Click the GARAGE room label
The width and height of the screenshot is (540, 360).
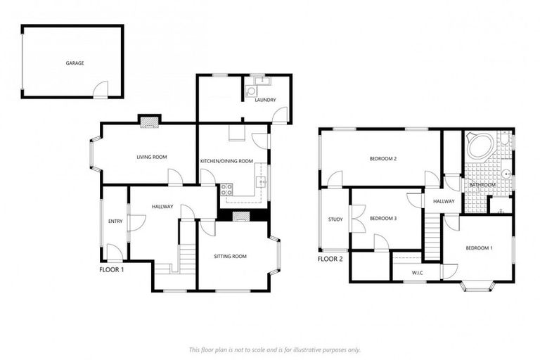coord(75,63)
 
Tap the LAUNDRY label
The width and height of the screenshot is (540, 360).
coord(265,100)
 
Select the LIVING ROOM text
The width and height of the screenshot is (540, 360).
coord(151,156)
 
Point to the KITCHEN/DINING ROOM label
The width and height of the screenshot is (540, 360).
coord(226,161)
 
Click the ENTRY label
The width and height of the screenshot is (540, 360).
coord(115,221)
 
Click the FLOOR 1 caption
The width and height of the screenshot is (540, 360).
coord(112,269)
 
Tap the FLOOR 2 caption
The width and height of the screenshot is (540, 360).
coord(330,259)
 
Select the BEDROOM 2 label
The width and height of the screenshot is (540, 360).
coord(383,159)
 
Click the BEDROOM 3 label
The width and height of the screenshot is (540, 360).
coord(383,219)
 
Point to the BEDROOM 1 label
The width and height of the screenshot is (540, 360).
coord(478,248)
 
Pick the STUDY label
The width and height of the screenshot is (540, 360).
coord(335,219)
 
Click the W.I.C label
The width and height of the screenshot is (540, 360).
coord(416,272)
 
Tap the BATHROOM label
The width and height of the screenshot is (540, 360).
coord(483,185)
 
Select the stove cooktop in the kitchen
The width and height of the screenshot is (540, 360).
coord(226,188)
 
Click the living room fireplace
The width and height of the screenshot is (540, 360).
coord(149,122)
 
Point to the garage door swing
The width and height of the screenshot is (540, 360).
coord(103,89)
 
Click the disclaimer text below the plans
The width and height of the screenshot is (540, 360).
coord(274,349)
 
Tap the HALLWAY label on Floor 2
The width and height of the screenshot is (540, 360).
coord(444,202)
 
